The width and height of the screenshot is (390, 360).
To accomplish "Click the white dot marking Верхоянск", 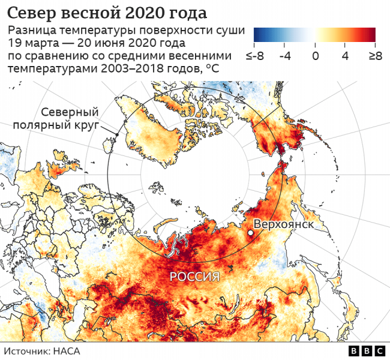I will (250, 232).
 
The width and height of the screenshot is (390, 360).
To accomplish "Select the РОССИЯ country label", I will (194, 277).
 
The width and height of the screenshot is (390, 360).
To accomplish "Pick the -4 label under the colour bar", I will (286, 56).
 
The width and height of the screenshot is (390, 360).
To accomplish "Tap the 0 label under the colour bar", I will (316, 56).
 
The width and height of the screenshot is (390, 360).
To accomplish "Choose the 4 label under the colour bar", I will (346, 56).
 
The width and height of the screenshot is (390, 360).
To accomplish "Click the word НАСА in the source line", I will (67, 351).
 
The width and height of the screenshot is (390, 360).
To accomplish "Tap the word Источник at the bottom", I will (28, 351).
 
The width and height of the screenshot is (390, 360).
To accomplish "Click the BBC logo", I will (367, 351).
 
